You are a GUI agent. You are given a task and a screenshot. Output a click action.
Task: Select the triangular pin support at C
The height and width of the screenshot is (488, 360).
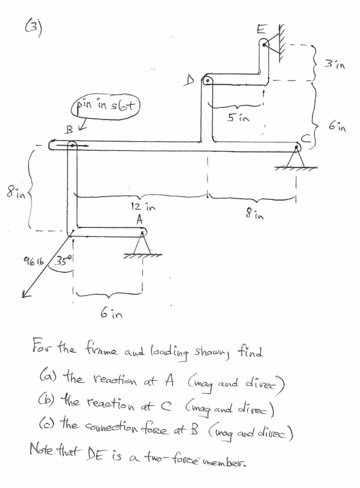pos(295,159)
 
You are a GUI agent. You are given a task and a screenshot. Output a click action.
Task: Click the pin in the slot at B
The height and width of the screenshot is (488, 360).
pos(72,146)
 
